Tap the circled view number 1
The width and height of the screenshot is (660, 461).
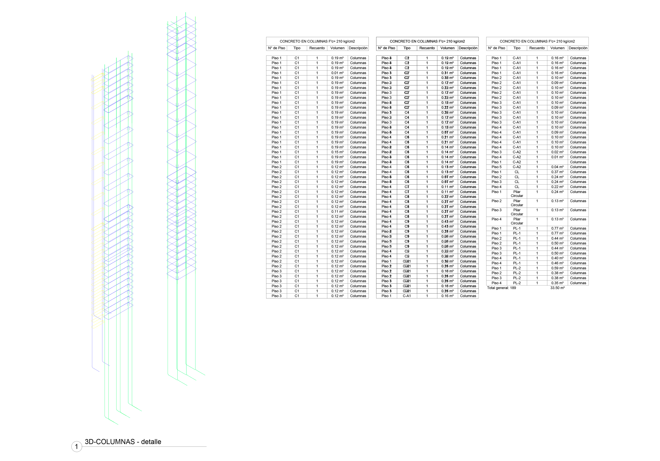(x=76, y=447)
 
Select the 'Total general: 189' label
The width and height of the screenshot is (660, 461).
(x=501, y=288)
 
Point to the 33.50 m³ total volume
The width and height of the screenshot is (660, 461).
(x=557, y=288)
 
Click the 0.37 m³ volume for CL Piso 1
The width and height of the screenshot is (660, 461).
(x=557, y=172)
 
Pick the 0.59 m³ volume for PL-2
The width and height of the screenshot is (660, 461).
(x=557, y=268)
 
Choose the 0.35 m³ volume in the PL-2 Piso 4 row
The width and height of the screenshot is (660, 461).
(x=557, y=283)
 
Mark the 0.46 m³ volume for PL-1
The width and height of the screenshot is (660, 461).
(x=557, y=263)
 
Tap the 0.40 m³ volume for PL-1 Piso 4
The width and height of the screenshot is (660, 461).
(x=557, y=258)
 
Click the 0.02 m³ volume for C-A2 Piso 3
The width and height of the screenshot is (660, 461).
(x=557, y=152)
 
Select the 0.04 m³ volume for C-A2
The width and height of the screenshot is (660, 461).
(x=557, y=167)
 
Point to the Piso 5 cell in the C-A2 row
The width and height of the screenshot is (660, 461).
(x=496, y=167)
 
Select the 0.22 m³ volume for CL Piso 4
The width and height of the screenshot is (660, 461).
(x=557, y=187)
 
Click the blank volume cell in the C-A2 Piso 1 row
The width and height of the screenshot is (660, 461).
(x=557, y=162)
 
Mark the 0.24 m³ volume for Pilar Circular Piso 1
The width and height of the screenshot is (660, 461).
(x=557, y=192)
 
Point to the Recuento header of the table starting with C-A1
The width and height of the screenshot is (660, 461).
(x=537, y=48)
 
